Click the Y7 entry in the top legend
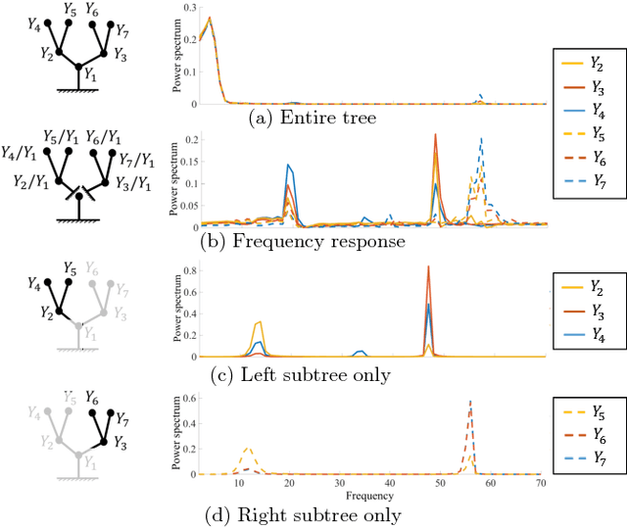587,211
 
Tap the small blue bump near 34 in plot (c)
360,352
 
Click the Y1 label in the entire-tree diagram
91,74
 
